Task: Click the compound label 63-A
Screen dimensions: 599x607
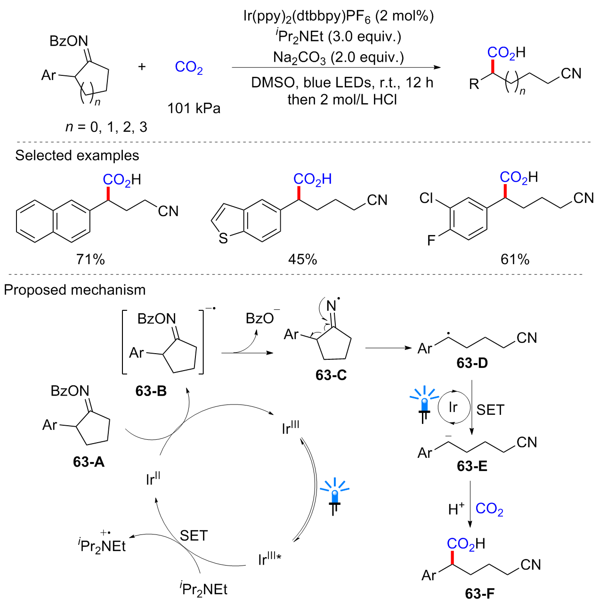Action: [x=89, y=462]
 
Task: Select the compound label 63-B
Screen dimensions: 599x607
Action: [x=151, y=391]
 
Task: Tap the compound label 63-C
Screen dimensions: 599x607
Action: [x=331, y=375]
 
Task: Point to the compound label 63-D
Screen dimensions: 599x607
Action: [x=472, y=363]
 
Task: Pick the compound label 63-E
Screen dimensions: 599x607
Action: [x=472, y=466]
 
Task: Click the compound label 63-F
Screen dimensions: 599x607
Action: [x=480, y=594]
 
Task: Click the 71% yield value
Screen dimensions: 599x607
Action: [x=90, y=259]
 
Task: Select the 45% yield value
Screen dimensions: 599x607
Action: [x=302, y=259]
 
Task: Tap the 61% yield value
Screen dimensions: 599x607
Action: [x=515, y=259]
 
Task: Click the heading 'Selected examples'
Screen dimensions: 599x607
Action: [x=77, y=155]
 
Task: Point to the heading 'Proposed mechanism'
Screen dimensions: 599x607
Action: [x=75, y=290]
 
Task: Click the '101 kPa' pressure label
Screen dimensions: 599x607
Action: [x=194, y=108]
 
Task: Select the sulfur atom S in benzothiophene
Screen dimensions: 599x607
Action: [x=223, y=238]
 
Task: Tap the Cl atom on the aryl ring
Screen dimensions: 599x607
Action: [x=427, y=198]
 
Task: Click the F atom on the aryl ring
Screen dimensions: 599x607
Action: [x=431, y=241]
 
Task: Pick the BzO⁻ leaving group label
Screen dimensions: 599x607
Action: [x=262, y=318]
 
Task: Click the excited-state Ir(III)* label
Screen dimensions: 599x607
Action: [x=269, y=558]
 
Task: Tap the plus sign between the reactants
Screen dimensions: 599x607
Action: [x=142, y=67]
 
